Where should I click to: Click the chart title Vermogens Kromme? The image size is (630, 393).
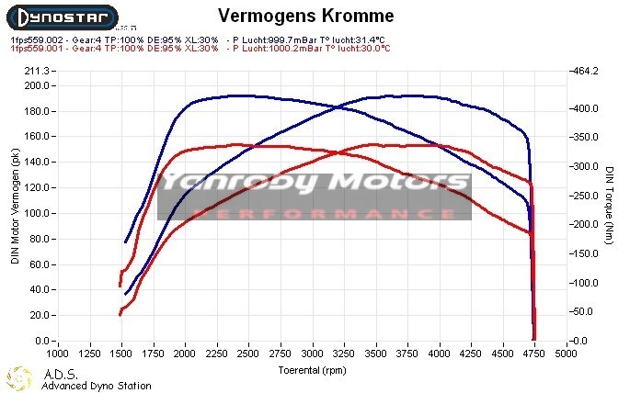click(x=306, y=17)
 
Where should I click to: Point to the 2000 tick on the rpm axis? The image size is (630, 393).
click(x=185, y=353)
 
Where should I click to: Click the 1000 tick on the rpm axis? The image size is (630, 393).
click(x=57, y=353)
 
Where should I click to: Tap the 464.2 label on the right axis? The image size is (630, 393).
click(x=586, y=71)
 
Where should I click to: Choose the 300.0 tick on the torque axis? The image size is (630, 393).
click(x=586, y=166)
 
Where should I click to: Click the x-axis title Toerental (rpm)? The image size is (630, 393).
click(x=313, y=369)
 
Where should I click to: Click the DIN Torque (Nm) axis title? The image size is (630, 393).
click(x=610, y=206)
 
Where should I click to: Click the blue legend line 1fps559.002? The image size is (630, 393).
click(x=195, y=39)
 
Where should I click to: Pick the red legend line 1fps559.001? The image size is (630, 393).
click(x=195, y=49)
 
